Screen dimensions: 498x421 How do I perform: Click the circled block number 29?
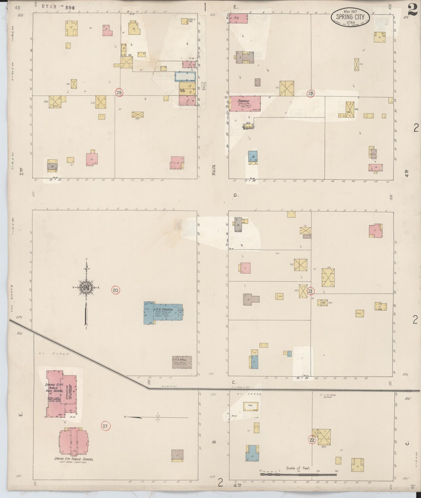coord(119,92)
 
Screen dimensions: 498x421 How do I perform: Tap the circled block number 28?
coord(311,93)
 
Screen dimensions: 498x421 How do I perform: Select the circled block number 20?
coord(115,290)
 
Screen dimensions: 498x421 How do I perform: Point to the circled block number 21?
coord(311,291)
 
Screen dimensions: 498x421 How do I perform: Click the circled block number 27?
coord(105,426)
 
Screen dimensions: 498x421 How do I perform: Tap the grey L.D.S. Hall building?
coord(182,362)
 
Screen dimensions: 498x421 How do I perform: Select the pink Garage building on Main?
coord(244,103)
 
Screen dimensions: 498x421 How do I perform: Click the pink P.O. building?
coord(239,18)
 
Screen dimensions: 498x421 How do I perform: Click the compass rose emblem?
coord(86,288)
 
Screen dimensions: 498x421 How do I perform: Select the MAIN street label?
coord(214,170)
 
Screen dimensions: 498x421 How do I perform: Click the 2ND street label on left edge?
coord(21,170)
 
